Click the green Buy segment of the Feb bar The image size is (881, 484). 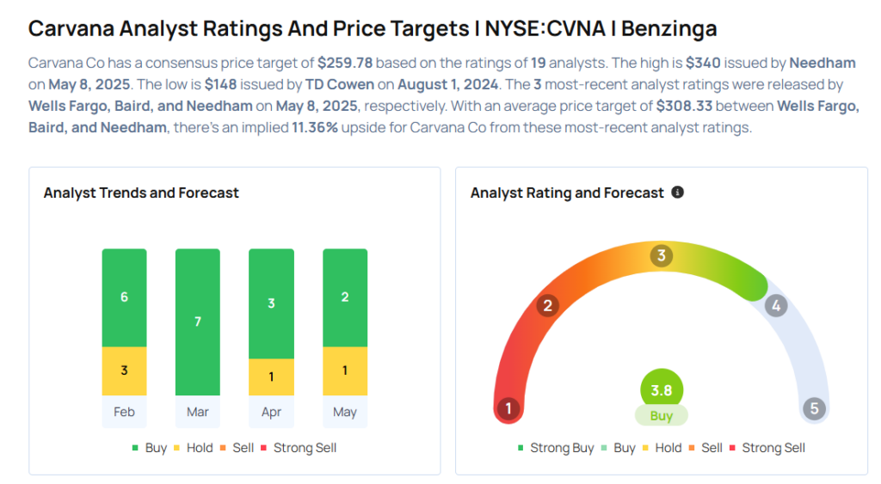click(124, 297)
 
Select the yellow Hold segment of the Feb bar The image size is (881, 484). click(124, 371)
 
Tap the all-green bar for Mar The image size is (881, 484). click(198, 322)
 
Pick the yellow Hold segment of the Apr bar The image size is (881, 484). click(271, 377)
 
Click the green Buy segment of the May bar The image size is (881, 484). click(345, 297)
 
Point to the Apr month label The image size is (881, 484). click(271, 412)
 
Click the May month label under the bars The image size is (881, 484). click(345, 412)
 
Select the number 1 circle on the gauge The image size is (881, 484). click(508, 408)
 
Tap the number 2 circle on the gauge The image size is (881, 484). click(547, 305)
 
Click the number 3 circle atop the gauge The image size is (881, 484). click(662, 255)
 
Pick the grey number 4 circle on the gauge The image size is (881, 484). click(776, 305)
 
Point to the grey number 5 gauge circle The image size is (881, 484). click(814, 408)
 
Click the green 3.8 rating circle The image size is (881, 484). click(662, 390)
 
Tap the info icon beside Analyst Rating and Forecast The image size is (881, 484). click(678, 193)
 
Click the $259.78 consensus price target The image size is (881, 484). click(345, 63)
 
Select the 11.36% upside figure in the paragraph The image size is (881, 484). click(315, 127)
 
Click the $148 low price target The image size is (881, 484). click(220, 84)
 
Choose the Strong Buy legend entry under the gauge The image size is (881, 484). click(556, 448)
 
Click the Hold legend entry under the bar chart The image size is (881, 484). click(194, 448)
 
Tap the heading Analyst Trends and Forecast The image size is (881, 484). click(141, 193)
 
